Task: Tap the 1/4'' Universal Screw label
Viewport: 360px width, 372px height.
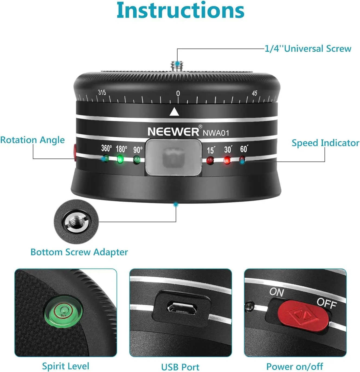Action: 308,48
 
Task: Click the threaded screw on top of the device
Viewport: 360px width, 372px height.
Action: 177,66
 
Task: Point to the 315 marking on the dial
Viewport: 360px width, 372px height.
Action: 102,92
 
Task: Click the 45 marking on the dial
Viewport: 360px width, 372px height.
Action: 254,93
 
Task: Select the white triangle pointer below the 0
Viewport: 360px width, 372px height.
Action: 174,112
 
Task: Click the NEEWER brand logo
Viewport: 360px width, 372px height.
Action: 173,131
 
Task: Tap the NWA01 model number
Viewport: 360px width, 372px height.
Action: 216,133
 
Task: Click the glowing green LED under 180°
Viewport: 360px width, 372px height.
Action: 120,159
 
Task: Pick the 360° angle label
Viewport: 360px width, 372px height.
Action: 107,148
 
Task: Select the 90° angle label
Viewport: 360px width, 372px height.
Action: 138,150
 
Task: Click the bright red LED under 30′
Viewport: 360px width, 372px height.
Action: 227,160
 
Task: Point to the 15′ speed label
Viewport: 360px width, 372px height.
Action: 211,150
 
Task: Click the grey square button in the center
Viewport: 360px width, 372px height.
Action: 173,157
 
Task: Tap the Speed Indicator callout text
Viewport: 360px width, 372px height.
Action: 326,143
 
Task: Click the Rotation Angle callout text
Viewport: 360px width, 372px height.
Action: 33,140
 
